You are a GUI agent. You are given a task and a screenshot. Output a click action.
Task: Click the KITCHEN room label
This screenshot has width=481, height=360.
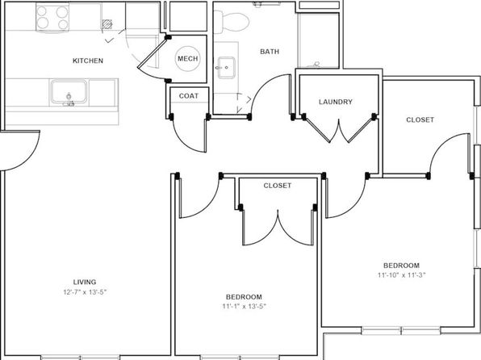[88, 61]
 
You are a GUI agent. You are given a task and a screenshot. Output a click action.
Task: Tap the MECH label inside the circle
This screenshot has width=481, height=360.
[188, 59]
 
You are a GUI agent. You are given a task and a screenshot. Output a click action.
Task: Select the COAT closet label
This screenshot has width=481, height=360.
[189, 96]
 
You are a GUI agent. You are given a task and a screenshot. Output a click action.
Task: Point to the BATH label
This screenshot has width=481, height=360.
[270, 52]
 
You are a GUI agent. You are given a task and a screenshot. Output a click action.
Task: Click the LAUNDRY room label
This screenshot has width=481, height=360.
[336, 102]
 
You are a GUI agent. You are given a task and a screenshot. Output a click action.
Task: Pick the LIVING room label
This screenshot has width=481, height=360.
[85, 282]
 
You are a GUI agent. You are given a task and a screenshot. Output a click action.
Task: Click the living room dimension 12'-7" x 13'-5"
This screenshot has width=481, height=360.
[85, 292]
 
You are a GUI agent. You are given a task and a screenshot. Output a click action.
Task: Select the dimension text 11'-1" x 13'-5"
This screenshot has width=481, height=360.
[245, 306]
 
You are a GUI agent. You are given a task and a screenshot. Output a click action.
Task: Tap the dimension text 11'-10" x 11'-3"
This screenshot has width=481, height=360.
[401, 275]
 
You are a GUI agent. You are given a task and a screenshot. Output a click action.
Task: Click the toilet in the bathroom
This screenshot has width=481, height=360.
[232, 22]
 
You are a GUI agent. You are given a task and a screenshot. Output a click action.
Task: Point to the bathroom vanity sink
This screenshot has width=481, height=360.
[227, 68]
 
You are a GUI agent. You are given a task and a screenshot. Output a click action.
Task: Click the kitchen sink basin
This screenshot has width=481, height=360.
[69, 92]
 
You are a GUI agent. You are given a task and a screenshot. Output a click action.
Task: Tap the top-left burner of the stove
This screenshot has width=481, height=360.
[42, 11]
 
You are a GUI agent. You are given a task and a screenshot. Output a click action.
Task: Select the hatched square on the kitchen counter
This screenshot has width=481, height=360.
[107, 24]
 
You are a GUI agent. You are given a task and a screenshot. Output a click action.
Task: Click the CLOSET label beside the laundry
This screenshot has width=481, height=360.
[420, 119]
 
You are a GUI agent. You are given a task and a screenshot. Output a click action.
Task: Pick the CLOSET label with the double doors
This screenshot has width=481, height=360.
[278, 186]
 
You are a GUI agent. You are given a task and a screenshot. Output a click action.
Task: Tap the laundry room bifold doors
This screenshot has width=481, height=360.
[339, 130]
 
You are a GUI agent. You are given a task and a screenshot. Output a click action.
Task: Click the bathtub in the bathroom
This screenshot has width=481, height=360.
[318, 40]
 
